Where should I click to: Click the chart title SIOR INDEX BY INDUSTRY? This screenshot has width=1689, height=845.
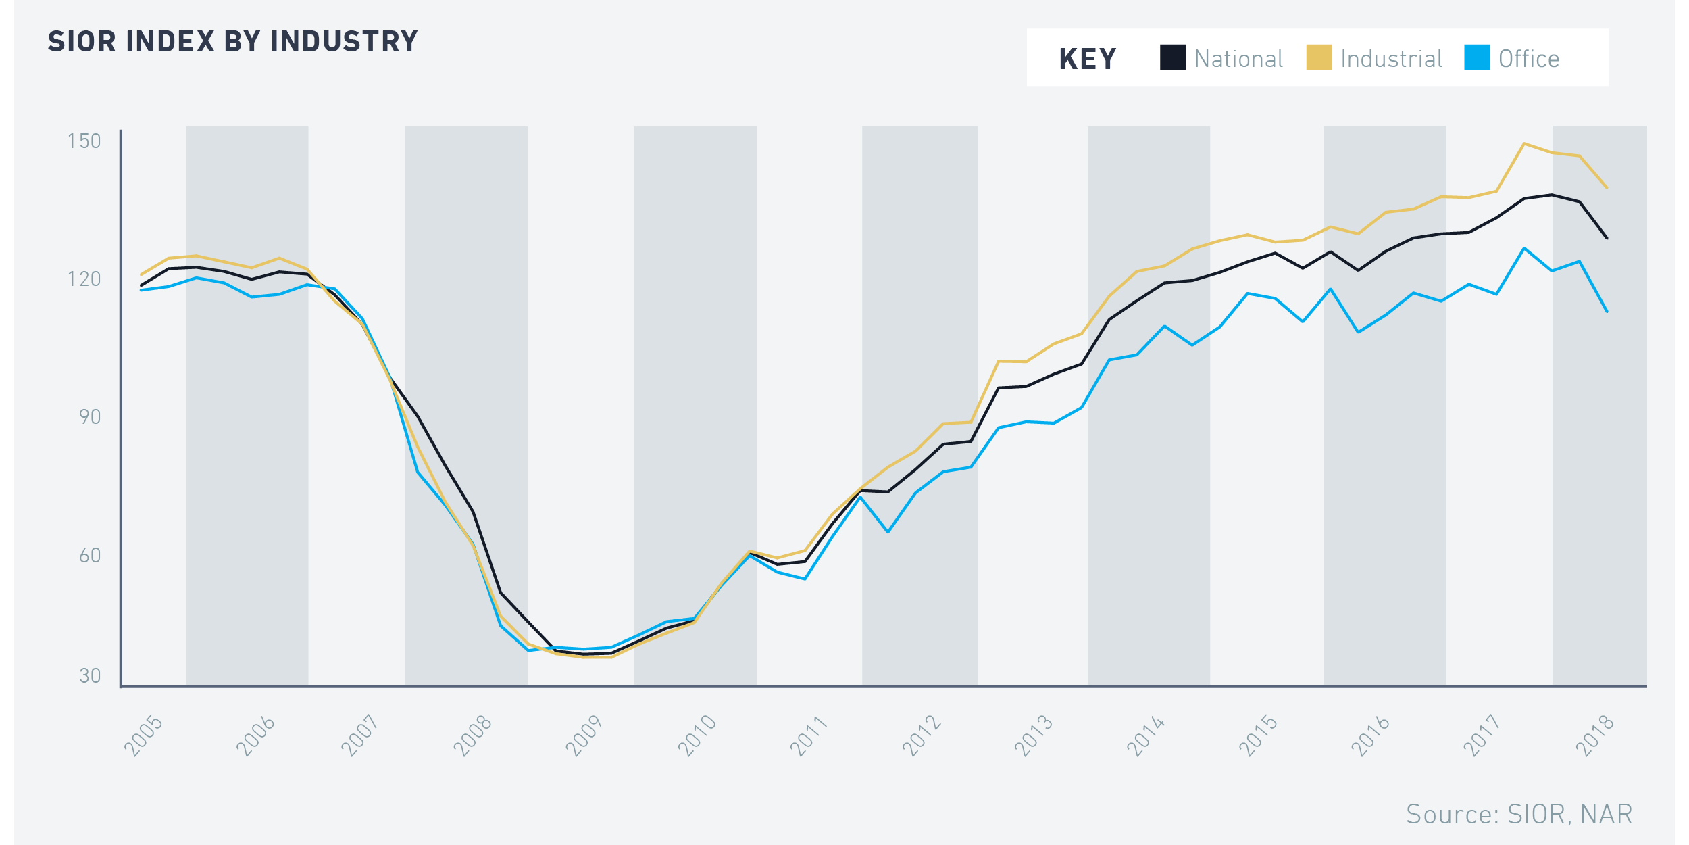pos(232,42)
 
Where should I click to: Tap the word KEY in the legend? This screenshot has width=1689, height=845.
pos(1088,59)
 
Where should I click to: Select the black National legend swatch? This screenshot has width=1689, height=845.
pos(1173,57)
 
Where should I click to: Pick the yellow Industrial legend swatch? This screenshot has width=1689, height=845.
pos(1319,57)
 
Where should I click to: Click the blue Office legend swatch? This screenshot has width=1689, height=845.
pos(1477,57)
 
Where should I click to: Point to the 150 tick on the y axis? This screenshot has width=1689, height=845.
pos(84,141)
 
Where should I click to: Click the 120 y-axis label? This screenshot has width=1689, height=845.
pos(84,279)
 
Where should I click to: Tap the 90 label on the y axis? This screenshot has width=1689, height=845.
pos(90,417)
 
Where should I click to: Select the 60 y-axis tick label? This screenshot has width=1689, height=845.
pos(90,556)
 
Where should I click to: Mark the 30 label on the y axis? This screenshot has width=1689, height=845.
pos(90,676)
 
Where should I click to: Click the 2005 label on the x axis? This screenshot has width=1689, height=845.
pos(143,736)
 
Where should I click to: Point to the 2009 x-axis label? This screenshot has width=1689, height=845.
pos(584,736)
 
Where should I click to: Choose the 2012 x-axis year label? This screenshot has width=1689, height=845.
pos(922,736)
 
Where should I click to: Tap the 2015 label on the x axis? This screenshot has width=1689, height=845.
pos(1258,736)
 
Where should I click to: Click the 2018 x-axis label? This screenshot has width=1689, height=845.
pos(1594,736)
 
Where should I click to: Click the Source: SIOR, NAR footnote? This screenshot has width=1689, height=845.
pos(1519,815)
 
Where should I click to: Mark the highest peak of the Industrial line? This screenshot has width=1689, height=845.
pos(1524,143)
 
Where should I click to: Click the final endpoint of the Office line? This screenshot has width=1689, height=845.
pos(1607,312)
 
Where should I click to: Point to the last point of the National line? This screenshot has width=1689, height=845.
pos(1607,238)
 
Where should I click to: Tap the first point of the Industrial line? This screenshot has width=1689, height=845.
pos(141,274)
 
